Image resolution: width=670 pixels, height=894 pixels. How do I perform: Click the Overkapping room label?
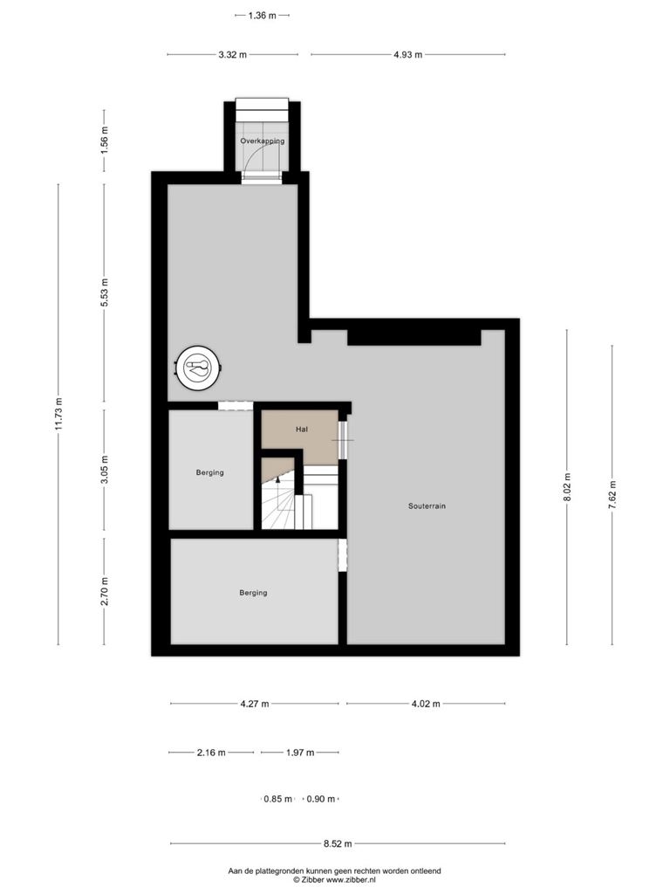click(262, 141)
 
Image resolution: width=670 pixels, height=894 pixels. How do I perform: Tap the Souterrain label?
click(427, 505)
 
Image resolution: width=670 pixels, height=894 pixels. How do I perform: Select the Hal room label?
click(302, 430)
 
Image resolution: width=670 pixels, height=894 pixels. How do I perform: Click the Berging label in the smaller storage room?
click(209, 472)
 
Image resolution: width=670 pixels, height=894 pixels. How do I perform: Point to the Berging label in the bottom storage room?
click(253, 593)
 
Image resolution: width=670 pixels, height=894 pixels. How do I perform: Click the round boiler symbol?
click(198, 368)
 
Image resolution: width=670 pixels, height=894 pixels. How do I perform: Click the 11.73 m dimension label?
click(58, 414)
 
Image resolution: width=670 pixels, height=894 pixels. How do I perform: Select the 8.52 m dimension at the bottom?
click(338, 844)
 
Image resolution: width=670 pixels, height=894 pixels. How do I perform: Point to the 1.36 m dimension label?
click(262, 16)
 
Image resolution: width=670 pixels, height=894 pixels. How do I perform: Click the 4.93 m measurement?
click(408, 55)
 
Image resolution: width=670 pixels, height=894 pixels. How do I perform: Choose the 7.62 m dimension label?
click(612, 494)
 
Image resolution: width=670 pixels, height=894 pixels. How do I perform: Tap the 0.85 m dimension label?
click(278, 800)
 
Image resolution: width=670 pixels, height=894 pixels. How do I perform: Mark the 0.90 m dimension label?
click(321, 800)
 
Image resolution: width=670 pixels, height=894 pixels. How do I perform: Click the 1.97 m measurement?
click(300, 753)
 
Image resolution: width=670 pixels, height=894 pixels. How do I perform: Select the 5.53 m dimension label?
click(105, 292)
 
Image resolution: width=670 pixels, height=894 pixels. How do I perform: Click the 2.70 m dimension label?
click(105, 591)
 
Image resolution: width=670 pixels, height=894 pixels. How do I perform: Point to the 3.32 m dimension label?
click(232, 55)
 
